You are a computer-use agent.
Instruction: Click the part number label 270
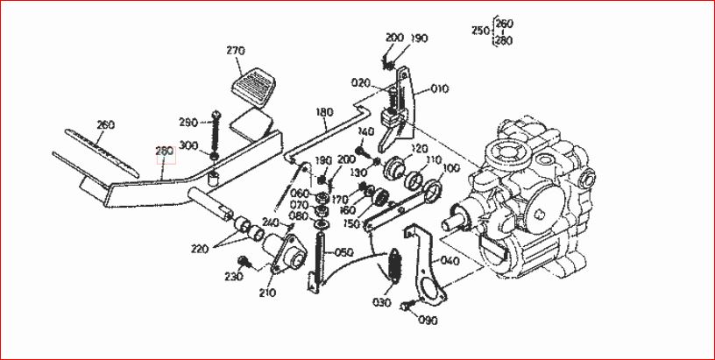click(x=236, y=51)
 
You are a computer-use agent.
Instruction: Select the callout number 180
click(x=324, y=112)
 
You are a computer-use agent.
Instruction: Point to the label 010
click(x=439, y=88)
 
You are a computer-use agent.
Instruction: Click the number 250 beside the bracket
click(x=481, y=31)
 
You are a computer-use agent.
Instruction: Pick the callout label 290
click(x=188, y=123)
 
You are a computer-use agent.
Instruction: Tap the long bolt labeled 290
click(x=216, y=133)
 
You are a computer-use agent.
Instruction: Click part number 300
click(x=188, y=145)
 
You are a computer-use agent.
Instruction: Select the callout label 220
click(x=201, y=250)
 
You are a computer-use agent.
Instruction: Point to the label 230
click(x=233, y=276)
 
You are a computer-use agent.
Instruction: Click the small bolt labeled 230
click(x=243, y=261)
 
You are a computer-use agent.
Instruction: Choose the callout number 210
click(x=266, y=293)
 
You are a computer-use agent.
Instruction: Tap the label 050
click(x=344, y=252)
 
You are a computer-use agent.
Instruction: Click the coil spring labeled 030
click(x=393, y=265)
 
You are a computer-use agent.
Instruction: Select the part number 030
click(x=382, y=302)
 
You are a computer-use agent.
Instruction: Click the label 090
click(x=428, y=321)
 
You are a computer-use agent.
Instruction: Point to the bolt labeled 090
click(x=407, y=306)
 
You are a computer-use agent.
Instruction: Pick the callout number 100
click(x=451, y=168)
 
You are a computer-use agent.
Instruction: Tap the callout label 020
click(x=360, y=82)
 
